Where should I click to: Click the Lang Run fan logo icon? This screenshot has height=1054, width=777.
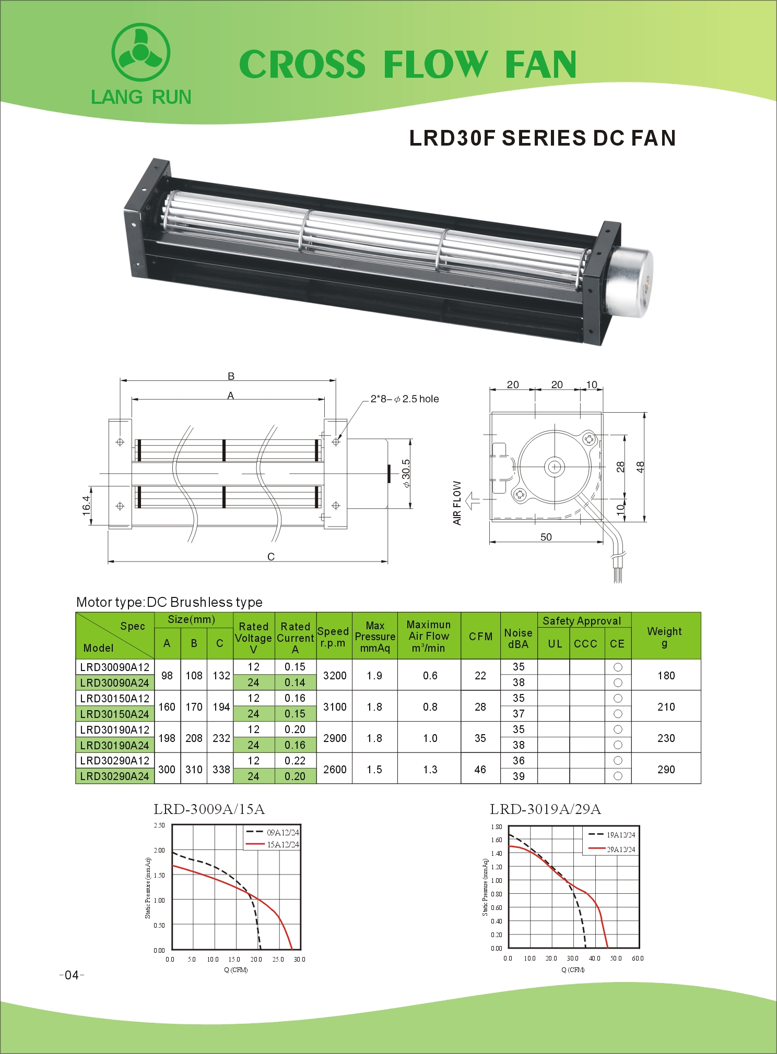click(140, 52)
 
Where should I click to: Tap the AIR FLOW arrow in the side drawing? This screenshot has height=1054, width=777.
click(473, 500)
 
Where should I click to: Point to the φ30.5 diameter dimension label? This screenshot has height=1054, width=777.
click(406, 473)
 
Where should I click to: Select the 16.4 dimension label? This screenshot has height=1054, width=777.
click(86, 506)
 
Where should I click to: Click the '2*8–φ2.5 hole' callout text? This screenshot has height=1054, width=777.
click(405, 399)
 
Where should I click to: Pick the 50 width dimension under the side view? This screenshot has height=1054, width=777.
click(546, 537)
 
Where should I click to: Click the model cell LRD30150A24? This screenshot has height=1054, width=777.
click(115, 714)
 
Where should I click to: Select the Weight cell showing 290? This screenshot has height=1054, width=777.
click(666, 769)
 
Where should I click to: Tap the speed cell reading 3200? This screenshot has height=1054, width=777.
click(335, 675)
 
